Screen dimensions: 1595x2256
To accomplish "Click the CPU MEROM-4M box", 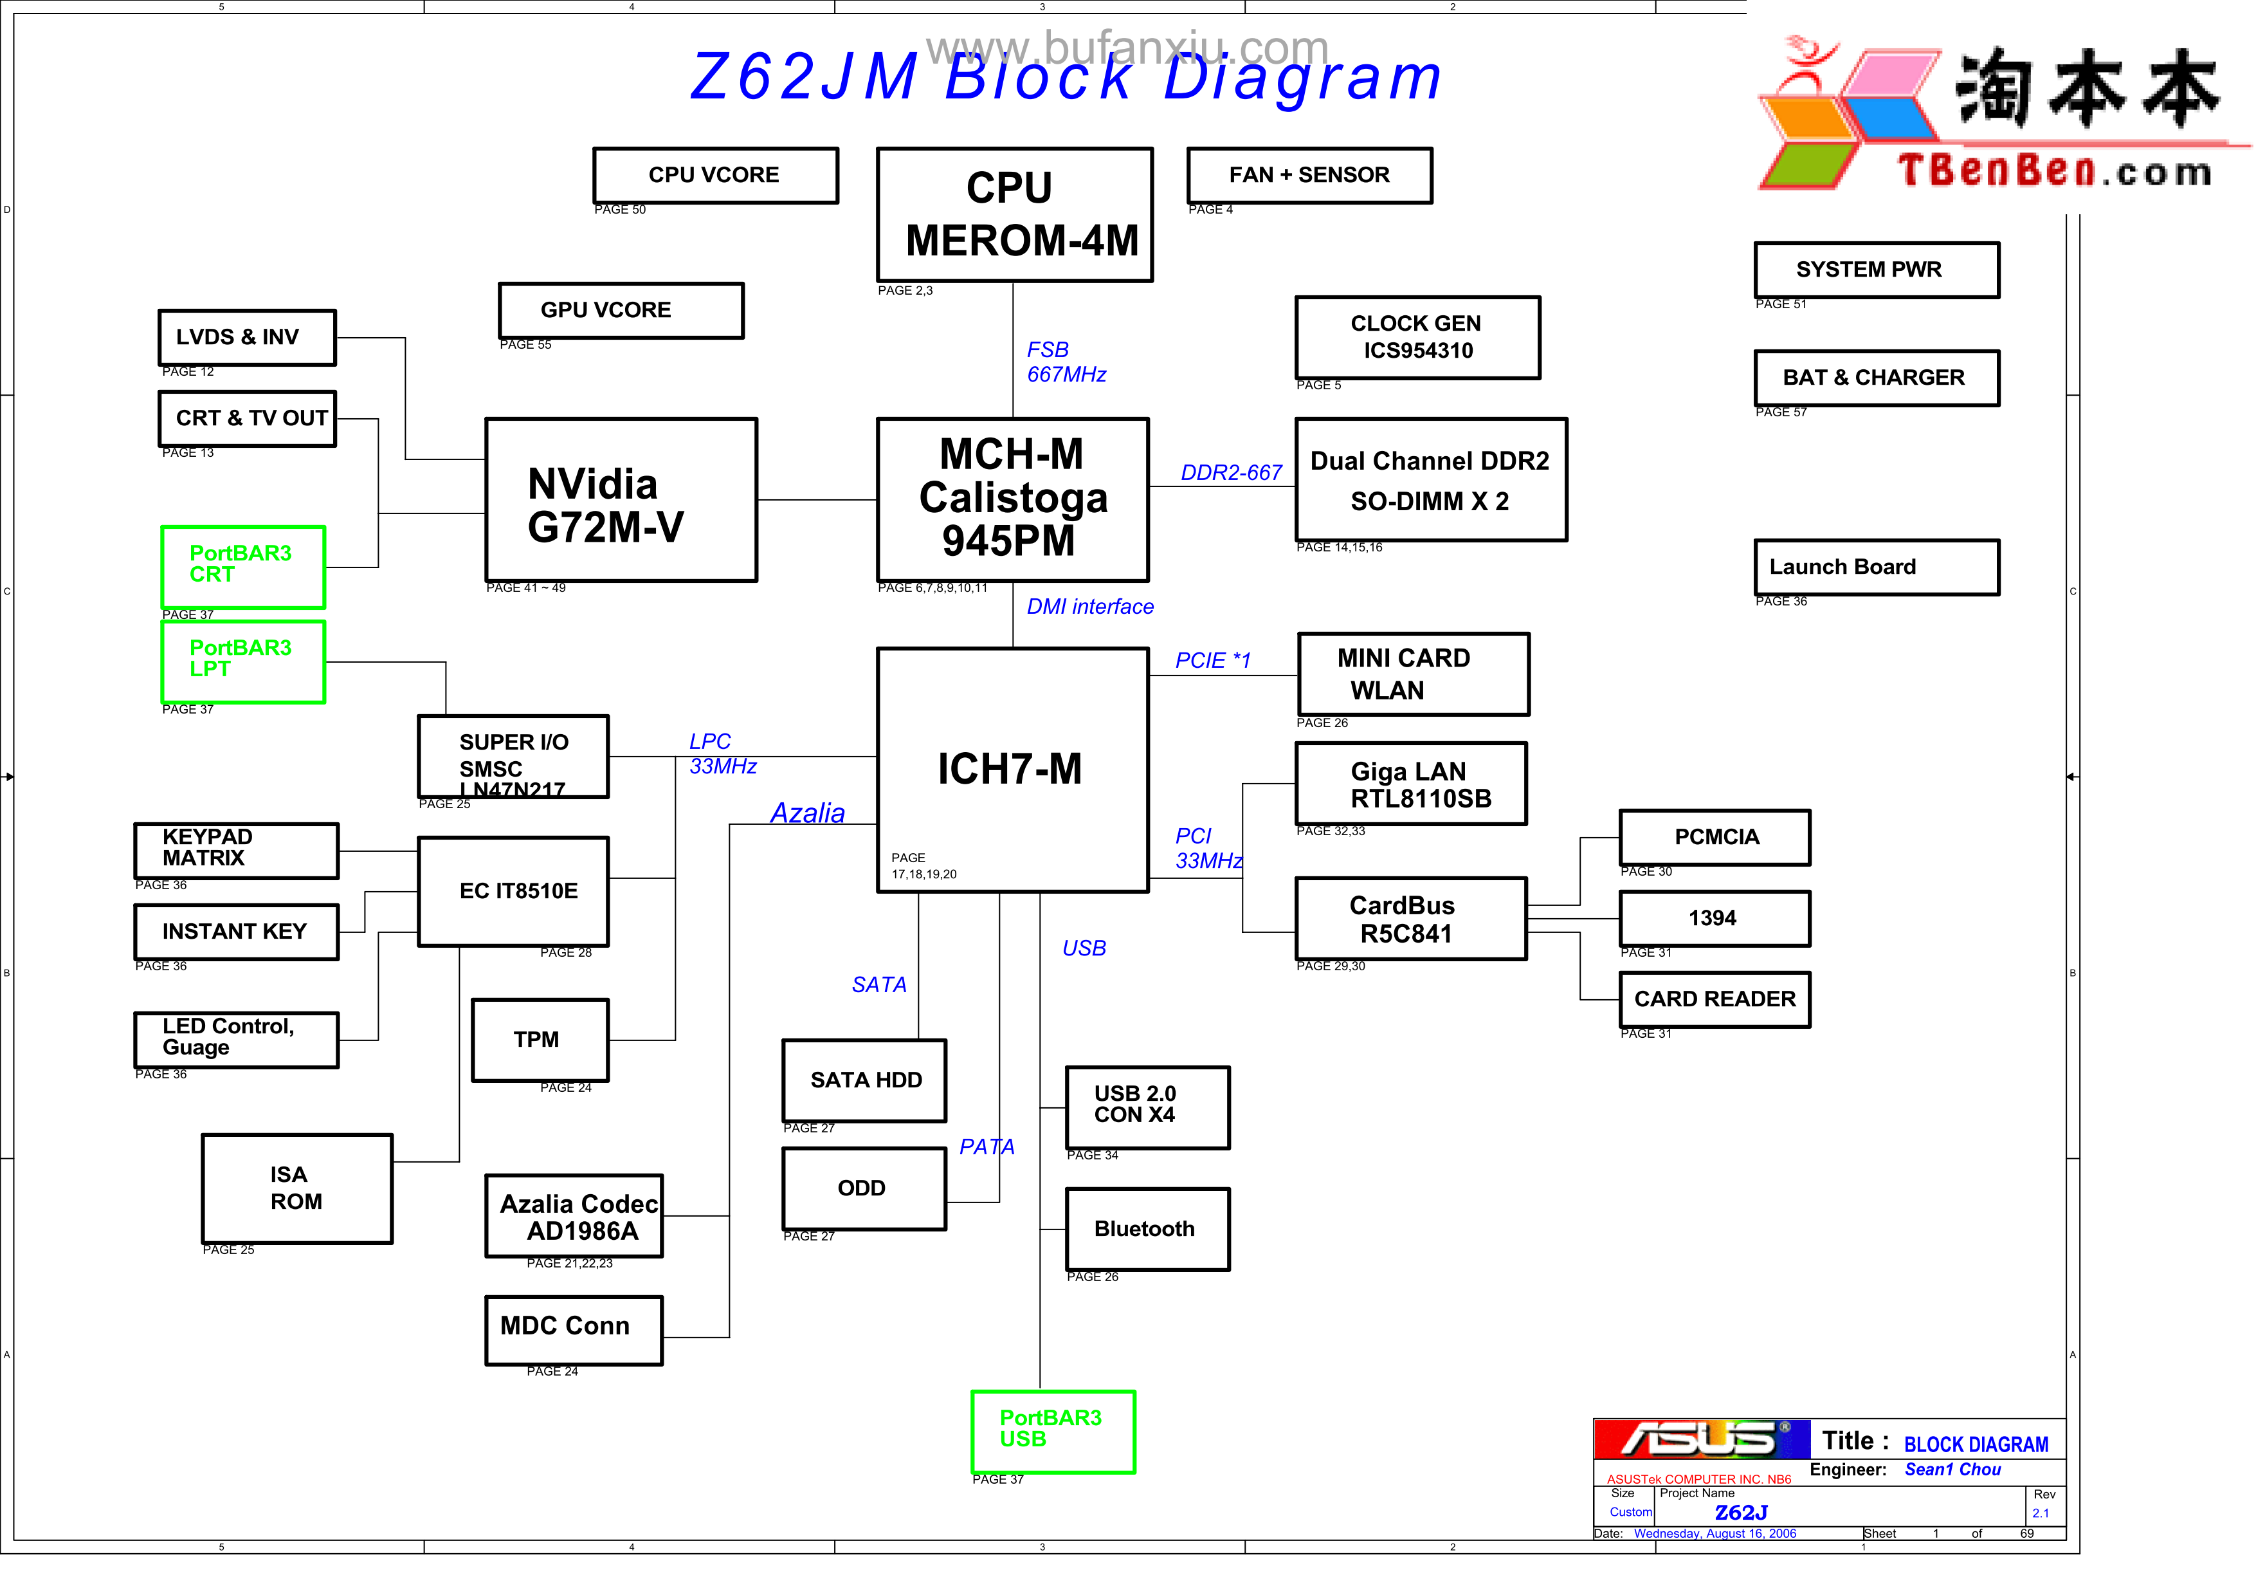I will [x=1014, y=214].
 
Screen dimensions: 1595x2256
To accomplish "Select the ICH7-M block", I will [x=1012, y=770].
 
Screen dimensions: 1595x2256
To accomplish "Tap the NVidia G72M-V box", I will [x=621, y=500].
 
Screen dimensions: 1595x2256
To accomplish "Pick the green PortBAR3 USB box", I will [x=1052, y=1431].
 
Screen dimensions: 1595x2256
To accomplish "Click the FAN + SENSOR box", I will [x=1309, y=176].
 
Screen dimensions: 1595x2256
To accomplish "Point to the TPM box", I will [x=540, y=1040].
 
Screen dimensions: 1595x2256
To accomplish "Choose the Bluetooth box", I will [x=1147, y=1228].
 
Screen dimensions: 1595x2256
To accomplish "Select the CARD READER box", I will [x=1714, y=999].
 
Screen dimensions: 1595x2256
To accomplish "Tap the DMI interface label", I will [x=1089, y=606].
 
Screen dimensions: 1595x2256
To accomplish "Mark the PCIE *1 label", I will [x=1212, y=660].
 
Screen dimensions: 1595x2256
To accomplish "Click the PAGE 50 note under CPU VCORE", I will [x=620, y=209].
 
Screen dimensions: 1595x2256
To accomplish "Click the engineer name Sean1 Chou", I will [x=1951, y=1469].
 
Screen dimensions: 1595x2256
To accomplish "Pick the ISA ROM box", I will [x=296, y=1188].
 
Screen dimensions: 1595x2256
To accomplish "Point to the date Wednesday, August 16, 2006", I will [x=1714, y=1533].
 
